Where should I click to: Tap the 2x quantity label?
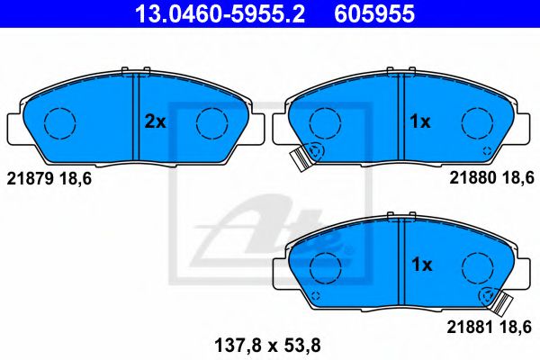pyautogui.click(x=156, y=121)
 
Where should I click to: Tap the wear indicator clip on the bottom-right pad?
pyautogui.click(x=498, y=301)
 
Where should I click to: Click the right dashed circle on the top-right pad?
pyautogui.click(x=476, y=121)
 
